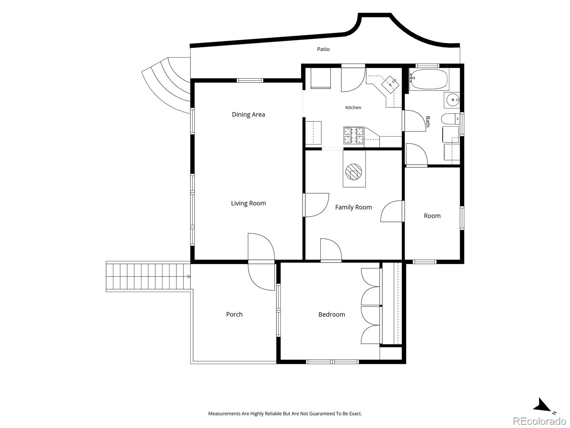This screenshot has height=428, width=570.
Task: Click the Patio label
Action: pos(323,49)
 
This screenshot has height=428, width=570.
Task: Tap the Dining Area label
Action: pos(248,114)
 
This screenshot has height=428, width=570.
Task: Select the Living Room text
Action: pos(248,203)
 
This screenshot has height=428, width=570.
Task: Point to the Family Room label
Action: pos(353,207)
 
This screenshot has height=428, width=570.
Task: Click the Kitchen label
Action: pos(353,108)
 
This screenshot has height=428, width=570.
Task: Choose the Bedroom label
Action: pos(332,315)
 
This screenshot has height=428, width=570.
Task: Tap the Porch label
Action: pos(234,315)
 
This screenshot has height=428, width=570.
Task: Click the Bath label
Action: pos(428,121)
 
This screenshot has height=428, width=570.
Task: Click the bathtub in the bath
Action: pos(429,79)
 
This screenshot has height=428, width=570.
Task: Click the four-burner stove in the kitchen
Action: pos(354,136)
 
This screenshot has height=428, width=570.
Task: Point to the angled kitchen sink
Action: pos(390,85)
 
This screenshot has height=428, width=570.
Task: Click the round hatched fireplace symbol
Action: pos(354,172)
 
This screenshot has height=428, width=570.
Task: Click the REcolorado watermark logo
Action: pos(540,421)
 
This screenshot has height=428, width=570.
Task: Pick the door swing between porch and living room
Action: pos(261,262)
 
